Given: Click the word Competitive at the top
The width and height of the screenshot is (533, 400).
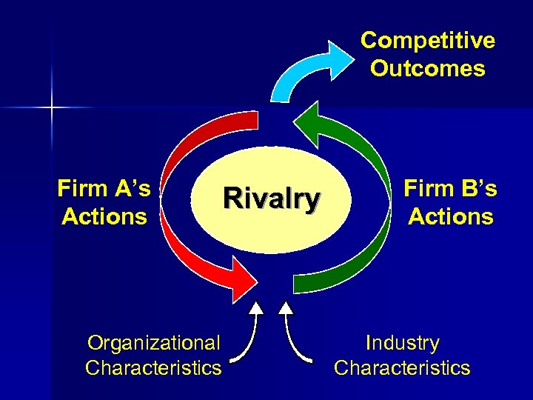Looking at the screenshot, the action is point(427,40).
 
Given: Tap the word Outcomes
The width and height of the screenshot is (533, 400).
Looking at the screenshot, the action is point(427,69).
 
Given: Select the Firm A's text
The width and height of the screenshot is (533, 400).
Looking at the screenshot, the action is point(104,189).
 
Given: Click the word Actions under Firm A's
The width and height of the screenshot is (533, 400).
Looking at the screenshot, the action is point(104,217).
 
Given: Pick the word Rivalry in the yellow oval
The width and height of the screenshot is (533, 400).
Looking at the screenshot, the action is point(272,199).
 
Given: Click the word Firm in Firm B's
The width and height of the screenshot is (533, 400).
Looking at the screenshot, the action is point(428,189).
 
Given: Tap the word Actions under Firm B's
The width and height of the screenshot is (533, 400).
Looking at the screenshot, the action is point(450,217).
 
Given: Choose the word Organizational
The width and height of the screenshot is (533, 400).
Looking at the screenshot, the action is point(153,343).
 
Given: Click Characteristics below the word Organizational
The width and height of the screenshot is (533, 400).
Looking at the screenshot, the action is point(153,367).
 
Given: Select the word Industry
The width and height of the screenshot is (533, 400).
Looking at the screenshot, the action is point(402,343).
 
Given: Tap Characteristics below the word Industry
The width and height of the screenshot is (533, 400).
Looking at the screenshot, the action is point(402,367).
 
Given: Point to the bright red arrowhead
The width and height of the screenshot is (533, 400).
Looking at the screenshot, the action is point(245,279).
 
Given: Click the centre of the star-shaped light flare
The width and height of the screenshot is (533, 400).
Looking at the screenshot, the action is point(53,108).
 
